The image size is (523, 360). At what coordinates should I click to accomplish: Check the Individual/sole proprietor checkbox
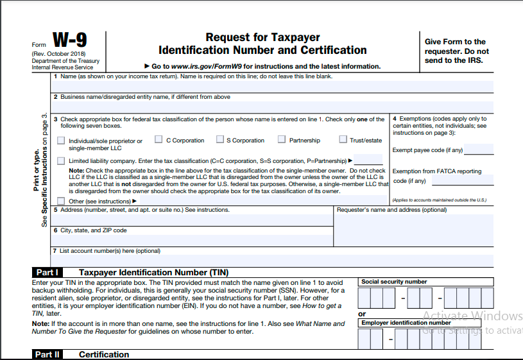tap(61, 141)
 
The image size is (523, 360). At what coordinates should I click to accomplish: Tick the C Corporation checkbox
tap(159, 140)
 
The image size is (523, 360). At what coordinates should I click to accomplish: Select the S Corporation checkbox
tap(220, 140)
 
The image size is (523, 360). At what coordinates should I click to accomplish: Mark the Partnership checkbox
tap(282, 140)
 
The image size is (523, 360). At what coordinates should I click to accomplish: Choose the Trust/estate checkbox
tap(343, 140)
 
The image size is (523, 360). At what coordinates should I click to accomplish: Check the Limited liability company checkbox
tap(61, 160)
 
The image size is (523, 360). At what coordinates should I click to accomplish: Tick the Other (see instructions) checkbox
tap(61, 201)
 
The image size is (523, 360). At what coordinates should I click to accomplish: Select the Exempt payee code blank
tap(478, 151)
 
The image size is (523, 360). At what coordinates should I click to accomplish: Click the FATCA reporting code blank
tap(471, 180)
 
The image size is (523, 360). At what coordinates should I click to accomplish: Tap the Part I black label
tap(47, 272)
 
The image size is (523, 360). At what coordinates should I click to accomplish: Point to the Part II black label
tap(47, 354)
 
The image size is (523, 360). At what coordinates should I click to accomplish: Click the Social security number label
tap(394, 282)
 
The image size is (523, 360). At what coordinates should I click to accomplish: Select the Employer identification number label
tap(406, 323)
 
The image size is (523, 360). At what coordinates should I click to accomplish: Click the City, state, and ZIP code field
tap(193, 239)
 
